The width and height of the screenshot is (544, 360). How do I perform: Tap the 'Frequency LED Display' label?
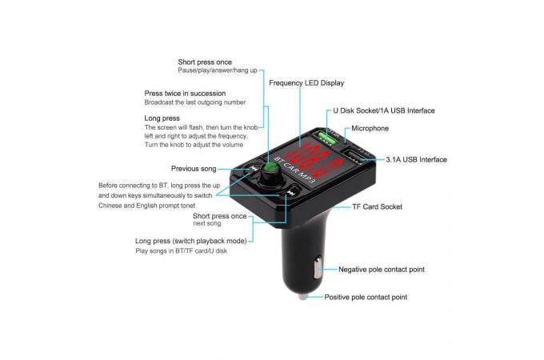(x=306, y=83)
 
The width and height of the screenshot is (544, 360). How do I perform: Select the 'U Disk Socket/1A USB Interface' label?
(x=384, y=110)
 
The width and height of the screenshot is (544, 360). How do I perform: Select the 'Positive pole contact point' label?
(x=366, y=297)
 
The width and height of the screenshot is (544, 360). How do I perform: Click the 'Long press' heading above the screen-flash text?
(x=162, y=118)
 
